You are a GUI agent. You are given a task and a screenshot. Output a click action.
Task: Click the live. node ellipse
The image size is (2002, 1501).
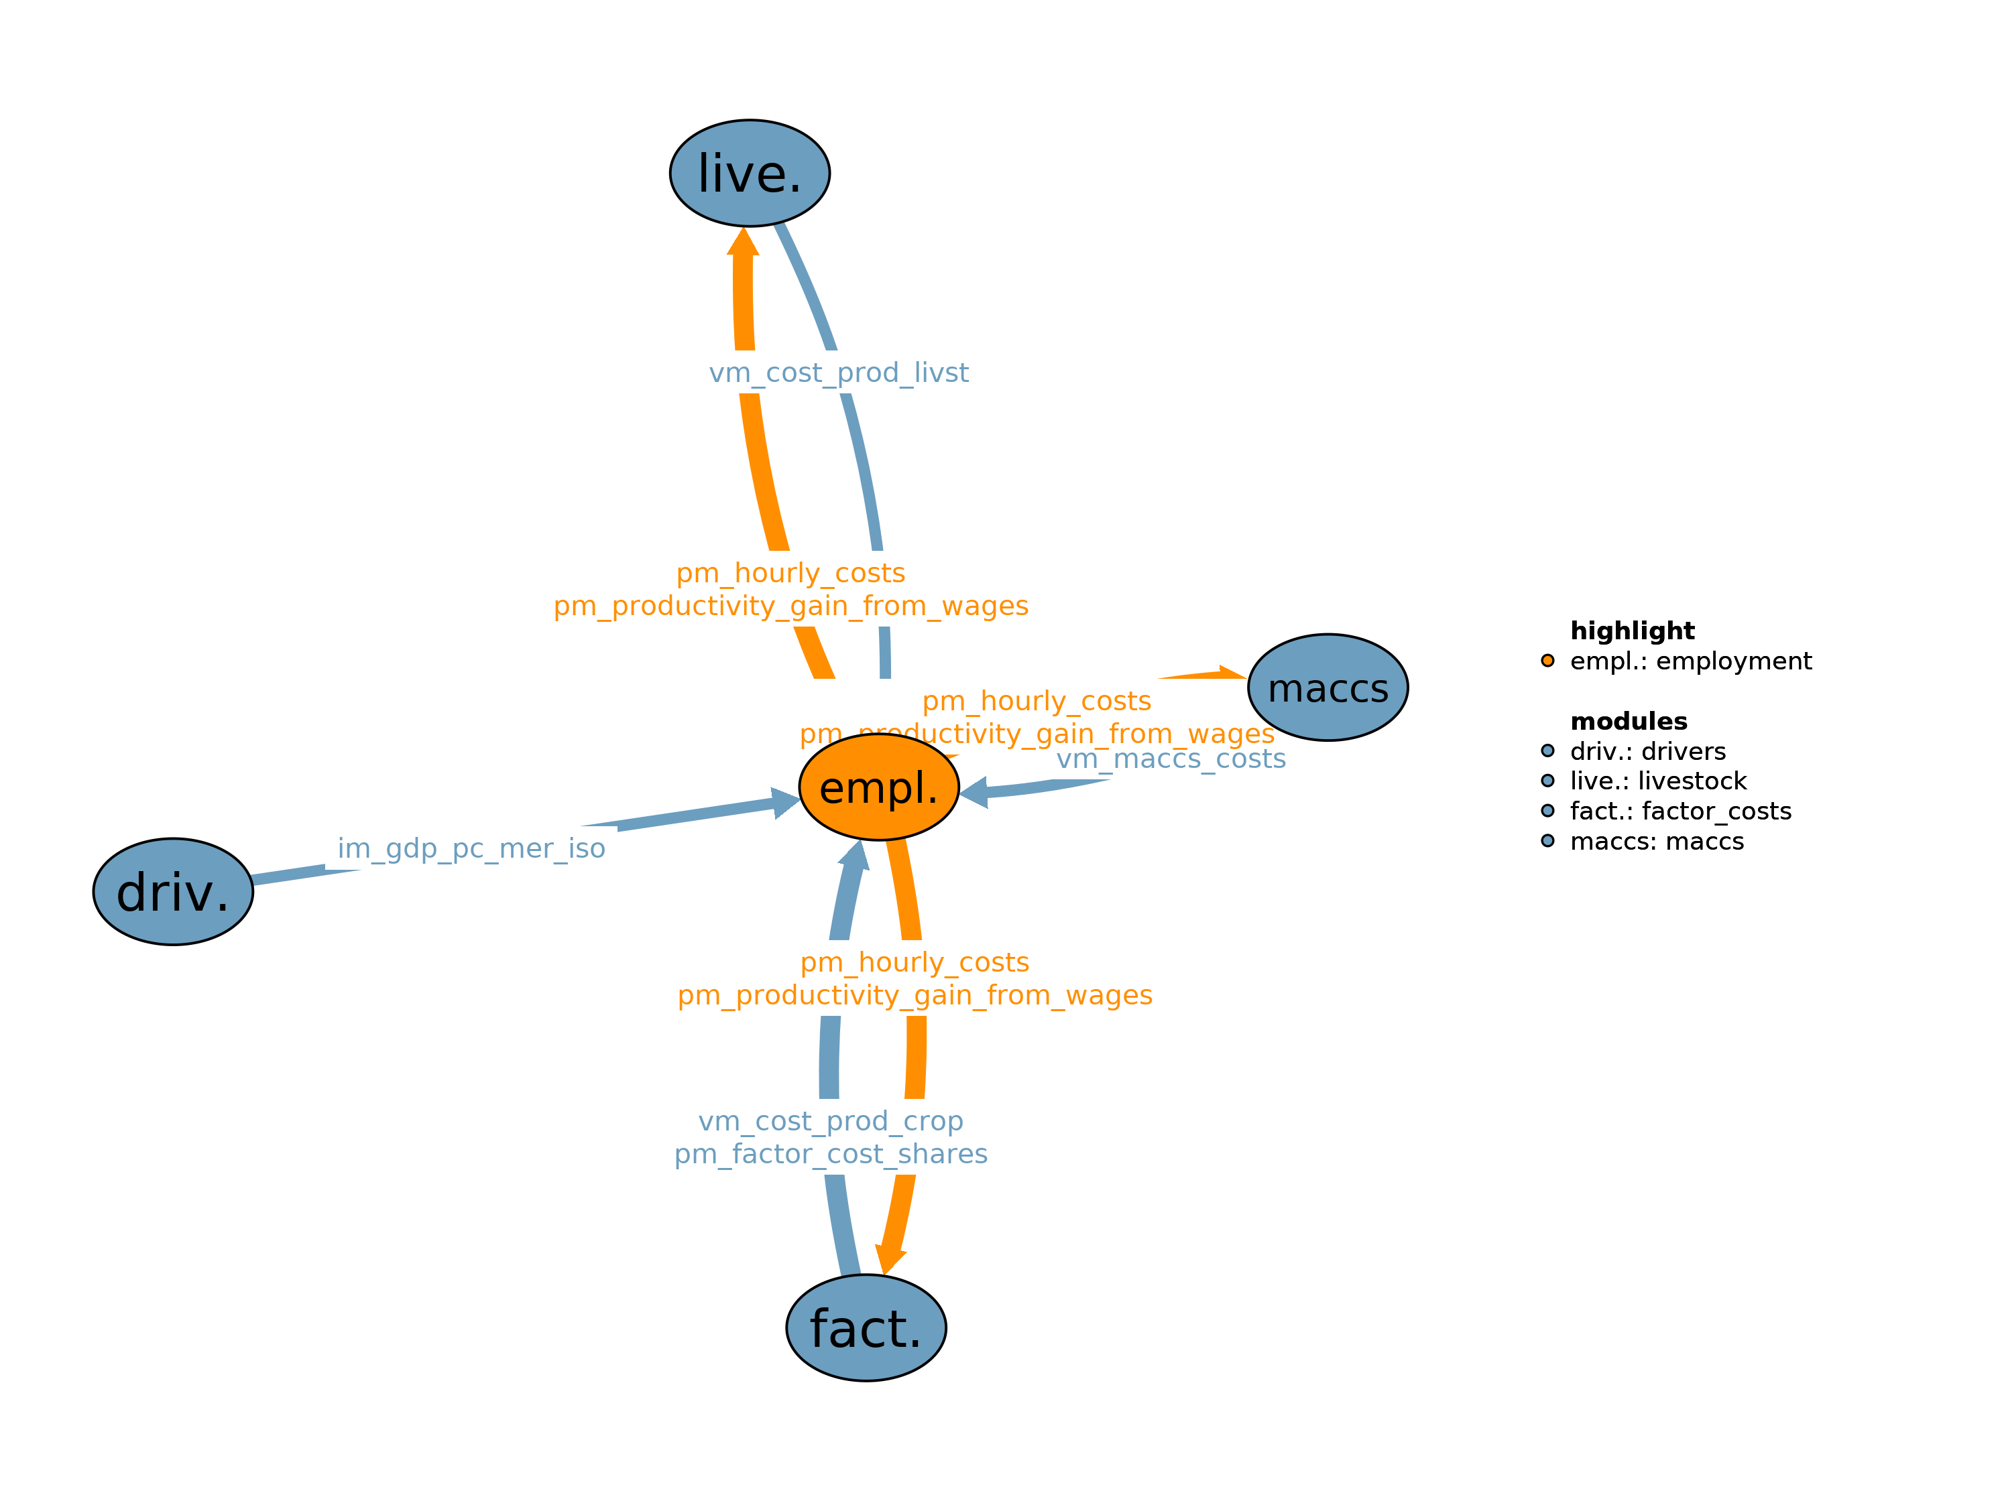(x=750, y=173)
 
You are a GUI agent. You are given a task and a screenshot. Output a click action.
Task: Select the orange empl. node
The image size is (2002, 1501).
(x=879, y=787)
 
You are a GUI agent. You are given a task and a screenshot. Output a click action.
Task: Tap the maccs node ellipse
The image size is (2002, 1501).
(x=1328, y=688)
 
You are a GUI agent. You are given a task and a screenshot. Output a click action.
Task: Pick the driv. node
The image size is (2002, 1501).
(x=173, y=892)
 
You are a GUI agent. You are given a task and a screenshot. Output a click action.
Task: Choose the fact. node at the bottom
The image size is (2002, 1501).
(x=866, y=1328)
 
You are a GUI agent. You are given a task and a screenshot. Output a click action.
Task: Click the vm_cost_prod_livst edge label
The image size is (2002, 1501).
(x=838, y=373)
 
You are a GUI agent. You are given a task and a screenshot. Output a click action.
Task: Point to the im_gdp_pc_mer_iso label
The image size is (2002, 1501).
(x=471, y=848)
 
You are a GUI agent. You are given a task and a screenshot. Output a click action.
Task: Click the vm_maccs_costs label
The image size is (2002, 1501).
(x=1171, y=759)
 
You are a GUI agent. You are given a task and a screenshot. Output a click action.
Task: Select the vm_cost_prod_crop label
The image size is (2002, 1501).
(x=831, y=1121)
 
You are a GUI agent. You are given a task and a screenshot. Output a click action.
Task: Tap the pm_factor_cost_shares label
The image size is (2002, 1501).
(x=831, y=1155)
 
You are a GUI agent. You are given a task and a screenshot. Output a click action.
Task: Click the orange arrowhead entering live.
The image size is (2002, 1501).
(x=743, y=243)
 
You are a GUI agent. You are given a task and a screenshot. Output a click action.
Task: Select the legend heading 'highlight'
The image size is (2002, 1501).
(x=1632, y=631)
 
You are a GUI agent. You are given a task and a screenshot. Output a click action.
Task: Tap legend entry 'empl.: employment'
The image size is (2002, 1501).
(x=1690, y=661)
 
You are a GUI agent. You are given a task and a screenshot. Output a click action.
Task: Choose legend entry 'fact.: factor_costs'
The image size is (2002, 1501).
(x=1680, y=811)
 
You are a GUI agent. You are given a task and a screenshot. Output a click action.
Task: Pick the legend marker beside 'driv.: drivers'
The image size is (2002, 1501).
(x=1547, y=751)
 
